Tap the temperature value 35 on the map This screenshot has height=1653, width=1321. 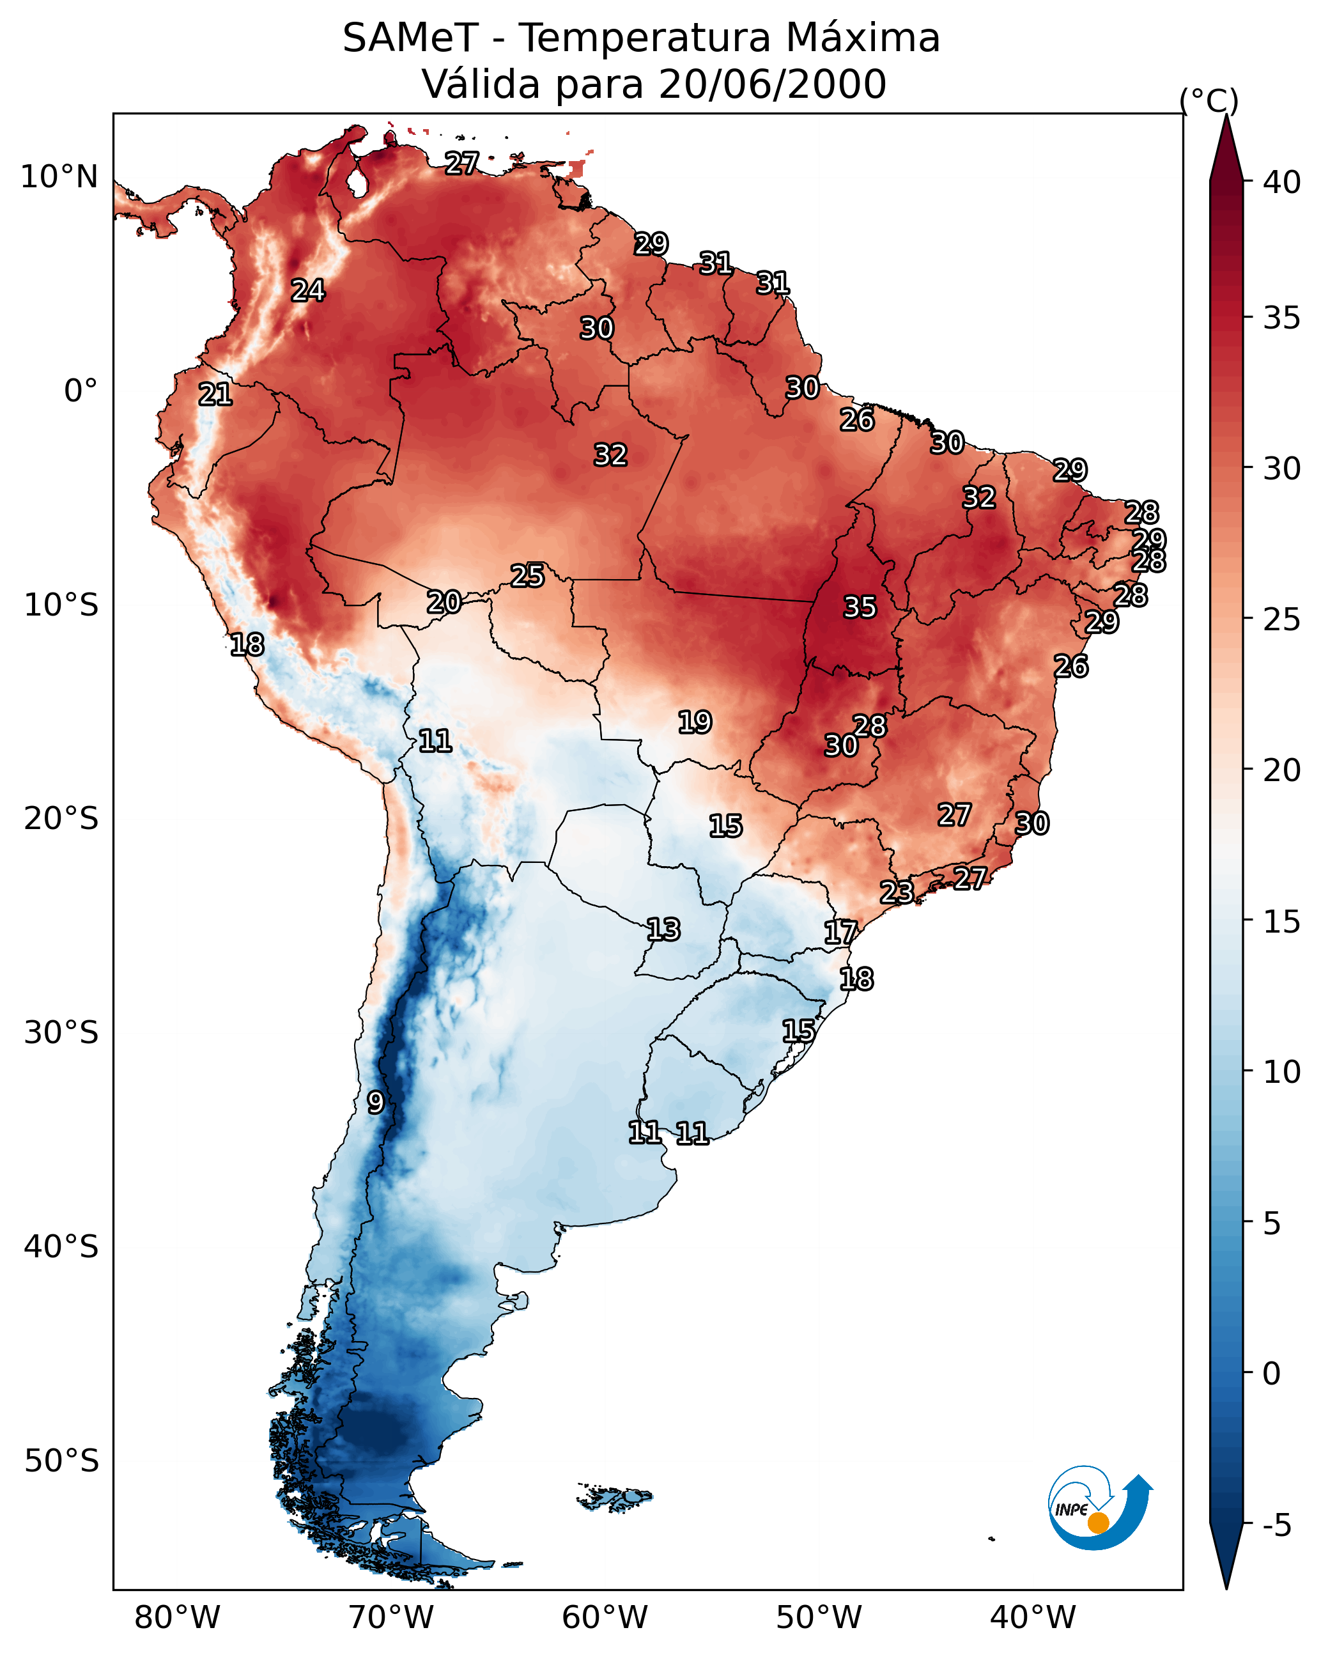coord(860,607)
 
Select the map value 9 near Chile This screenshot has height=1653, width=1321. coord(375,1103)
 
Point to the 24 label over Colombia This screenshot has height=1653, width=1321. coord(307,291)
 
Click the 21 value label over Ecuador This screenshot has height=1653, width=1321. coord(215,395)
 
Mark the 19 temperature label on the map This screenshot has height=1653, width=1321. coord(695,722)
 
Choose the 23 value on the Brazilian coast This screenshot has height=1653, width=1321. coord(896,892)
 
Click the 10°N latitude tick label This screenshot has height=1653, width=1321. coord(59,177)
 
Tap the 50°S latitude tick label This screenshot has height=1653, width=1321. coord(61,1461)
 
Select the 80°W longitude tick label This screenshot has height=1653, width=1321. coord(177,1617)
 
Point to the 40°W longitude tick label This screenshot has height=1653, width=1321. coord(1033,1617)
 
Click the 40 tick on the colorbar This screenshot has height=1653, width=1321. coord(1282,182)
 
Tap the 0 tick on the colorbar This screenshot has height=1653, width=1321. coord(1271,1374)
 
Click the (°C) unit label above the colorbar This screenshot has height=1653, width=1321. coord(1209,100)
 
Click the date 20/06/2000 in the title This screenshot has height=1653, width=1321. coord(772,84)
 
